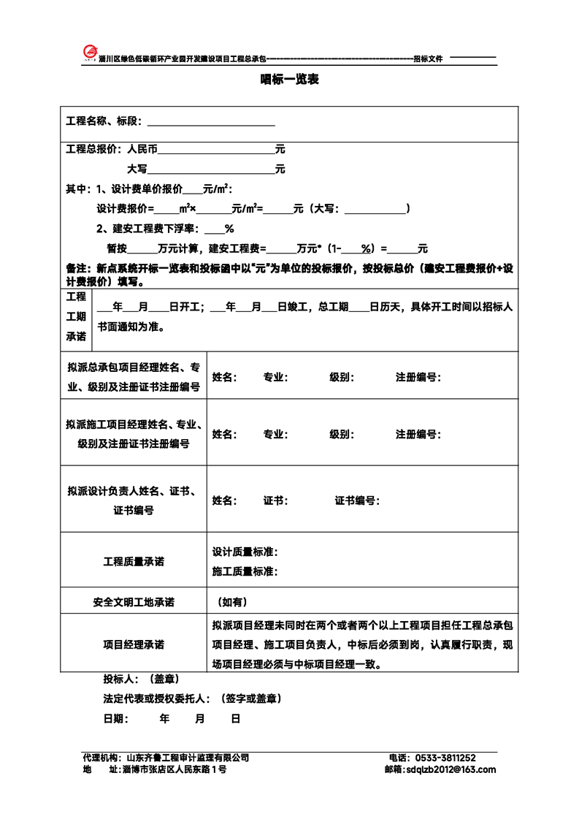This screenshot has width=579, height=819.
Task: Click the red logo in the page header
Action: [89, 53]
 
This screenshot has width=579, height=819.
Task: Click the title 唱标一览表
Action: [289, 80]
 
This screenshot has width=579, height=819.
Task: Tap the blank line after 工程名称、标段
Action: [211, 121]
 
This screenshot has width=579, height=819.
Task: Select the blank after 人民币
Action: [216, 150]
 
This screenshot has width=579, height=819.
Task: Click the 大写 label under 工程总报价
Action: [137, 169]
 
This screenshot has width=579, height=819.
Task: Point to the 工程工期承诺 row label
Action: [76, 317]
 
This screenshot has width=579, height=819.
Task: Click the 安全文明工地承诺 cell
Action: [134, 603]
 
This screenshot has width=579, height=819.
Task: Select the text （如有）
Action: [233, 603]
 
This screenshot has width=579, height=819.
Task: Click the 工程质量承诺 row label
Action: [134, 562]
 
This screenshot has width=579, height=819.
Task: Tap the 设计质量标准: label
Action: [245, 552]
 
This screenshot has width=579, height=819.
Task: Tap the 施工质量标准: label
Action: [245, 571]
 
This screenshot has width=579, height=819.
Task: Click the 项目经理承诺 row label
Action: [134, 645]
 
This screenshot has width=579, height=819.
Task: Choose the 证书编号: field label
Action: [358, 501]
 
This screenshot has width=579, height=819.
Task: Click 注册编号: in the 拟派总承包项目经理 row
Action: [418, 378]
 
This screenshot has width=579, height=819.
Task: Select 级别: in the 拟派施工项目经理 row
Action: [342, 434]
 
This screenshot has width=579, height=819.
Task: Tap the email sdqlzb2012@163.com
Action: [450, 769]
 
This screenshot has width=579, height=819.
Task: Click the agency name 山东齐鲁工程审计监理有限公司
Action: [188, 758]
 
